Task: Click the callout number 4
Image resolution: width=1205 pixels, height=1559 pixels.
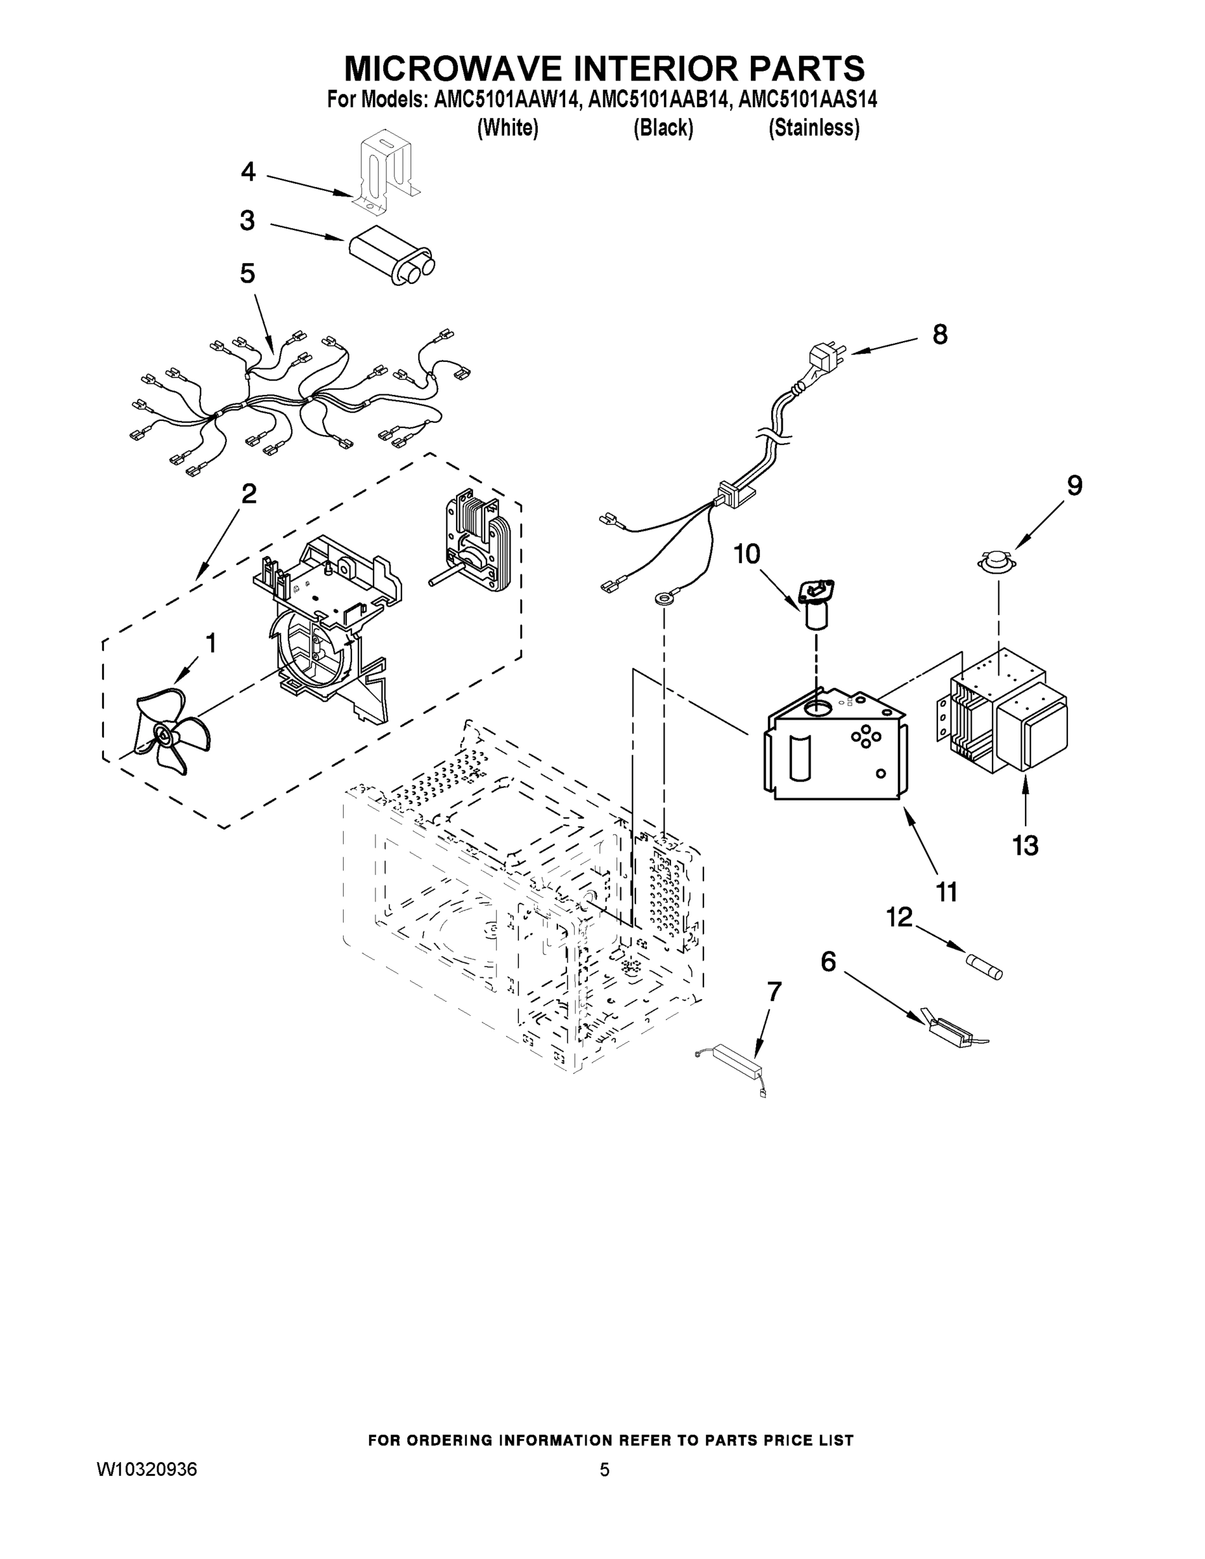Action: (247, 172)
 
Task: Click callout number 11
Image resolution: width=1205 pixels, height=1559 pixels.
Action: (946, 892)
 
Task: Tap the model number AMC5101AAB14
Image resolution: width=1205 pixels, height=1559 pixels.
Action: (659, 100)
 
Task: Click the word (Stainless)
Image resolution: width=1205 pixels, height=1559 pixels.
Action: (813, 128)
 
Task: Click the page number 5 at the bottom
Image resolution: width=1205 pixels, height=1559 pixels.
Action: (604, 1470)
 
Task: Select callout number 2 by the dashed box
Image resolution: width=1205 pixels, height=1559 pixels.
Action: (248, 493)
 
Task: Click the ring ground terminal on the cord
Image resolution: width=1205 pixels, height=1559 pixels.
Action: (664, 598)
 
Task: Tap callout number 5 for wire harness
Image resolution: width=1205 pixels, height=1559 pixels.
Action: (247, 273)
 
